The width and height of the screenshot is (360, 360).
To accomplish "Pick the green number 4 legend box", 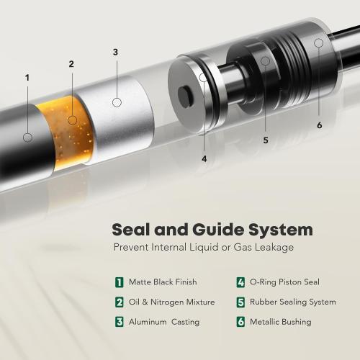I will click(x=240, y=282).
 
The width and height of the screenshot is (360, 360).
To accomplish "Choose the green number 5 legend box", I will click(x=240, y=302).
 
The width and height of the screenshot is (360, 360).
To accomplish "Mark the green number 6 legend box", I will click(x=240, y=322).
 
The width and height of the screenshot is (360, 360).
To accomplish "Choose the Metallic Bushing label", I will click(x=282, y=322).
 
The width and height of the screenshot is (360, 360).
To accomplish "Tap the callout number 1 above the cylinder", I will click(x=27, y=77).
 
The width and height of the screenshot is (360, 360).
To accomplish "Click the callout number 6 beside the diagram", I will click(x=319, y=125).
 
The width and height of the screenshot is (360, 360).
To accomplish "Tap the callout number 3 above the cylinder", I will click(x=115, y=52).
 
